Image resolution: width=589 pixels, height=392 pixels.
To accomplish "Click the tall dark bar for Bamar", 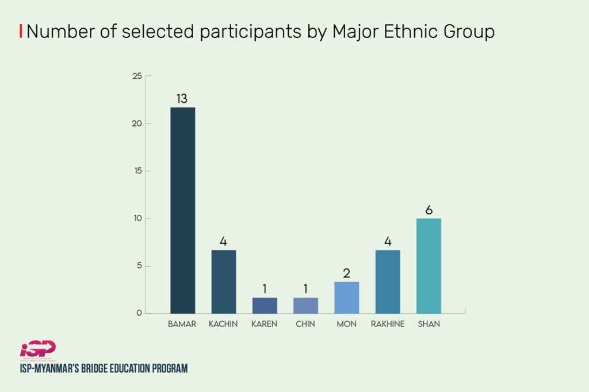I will (182, 210).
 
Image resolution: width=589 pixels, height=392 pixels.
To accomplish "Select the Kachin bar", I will (223, 282).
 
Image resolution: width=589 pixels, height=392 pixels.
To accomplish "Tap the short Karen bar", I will (265, 305).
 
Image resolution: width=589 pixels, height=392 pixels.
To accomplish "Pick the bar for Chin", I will (305, 305).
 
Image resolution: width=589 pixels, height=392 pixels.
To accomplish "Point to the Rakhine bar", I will (388, 282).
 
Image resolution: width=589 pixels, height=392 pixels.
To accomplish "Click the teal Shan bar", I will (429, 266).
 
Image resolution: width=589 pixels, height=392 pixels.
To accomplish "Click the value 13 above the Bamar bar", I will (182, 99).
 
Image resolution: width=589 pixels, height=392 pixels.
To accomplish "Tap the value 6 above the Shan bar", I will (429, 210).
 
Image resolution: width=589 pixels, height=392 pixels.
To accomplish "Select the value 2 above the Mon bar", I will (346, 273).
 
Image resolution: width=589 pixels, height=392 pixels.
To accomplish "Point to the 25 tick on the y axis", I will (137, 76).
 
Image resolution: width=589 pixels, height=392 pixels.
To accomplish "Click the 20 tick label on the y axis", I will (137, 124).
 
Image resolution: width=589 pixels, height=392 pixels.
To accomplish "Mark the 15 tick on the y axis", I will (137, 171).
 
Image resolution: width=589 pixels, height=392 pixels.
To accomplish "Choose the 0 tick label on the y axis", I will (139, 313).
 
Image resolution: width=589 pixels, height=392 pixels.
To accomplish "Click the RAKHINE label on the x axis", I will (388, 324).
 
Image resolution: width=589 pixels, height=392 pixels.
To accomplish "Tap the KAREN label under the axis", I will (264, 324).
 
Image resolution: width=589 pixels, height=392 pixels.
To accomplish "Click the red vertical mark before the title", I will (21, 32).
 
